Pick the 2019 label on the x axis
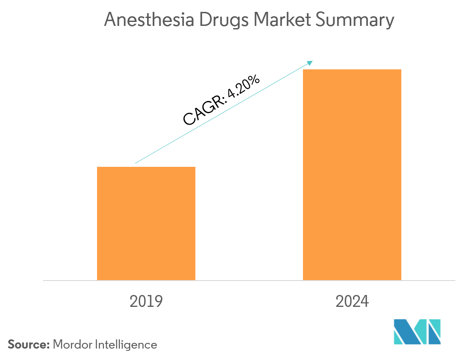pyautogui.click(x=146, y=302)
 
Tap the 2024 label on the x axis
pyautogui.click(x=352, y=302)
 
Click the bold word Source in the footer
pyautogui.click(x=27, y=345)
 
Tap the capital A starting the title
pyautogui.click(x=110, y=21)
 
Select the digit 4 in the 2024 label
pyautogui.click(x=364, y=302)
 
